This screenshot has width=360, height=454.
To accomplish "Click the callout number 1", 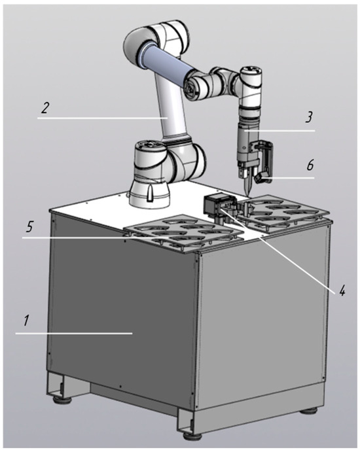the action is (26, 321).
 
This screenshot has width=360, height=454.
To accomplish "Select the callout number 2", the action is (45, 108).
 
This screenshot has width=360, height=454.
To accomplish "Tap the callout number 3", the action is (309, 118).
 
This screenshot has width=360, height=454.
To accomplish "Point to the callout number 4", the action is (342, 290).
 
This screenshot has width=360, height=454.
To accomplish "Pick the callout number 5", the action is (29, 228).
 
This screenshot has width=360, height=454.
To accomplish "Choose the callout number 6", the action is (310, 166).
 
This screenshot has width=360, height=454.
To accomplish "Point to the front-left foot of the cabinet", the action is (62, 400).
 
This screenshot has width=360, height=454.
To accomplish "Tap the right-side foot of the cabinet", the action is (309, 410).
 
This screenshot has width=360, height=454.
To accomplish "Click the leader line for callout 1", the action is (74, 334).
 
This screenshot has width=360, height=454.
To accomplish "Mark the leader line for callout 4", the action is (279, 250).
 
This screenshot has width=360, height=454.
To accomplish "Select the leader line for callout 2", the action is (103, 118).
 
